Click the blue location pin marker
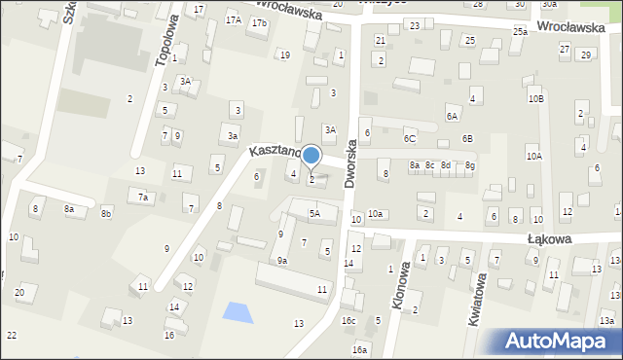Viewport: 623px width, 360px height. (x=311, y=156)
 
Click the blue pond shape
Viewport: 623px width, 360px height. (x=235, y=312)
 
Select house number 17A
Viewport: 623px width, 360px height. (x=233, y=19)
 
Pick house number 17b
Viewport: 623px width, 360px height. (x=258, y=22)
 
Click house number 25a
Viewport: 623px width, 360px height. (x=521, y=32)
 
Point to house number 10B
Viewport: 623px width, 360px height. (x=536, y=98)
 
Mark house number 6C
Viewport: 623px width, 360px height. (x=410, y=140)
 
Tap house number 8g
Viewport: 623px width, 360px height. (x=470, y=165)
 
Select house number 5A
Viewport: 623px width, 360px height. (x=314, y=213)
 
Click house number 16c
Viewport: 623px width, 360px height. (x=348, y=320)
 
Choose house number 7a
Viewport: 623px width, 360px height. (x=142, y=197)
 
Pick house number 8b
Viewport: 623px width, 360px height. (x=106, y=213)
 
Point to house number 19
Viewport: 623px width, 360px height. (x=284, y=54)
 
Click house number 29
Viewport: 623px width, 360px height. (x=585, y=54)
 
